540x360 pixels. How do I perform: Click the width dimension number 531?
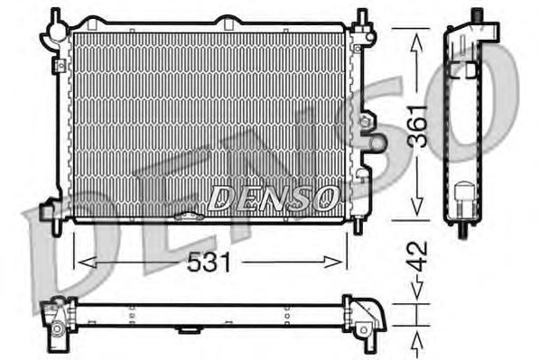(209, 262)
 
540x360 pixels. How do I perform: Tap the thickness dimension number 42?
(416, 253)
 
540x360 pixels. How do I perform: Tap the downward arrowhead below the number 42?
(416, 291)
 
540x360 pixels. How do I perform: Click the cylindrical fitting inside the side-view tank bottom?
(465, 196)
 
